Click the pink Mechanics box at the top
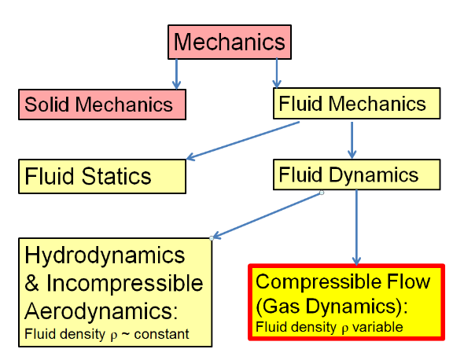coord(230,42)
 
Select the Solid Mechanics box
coord(102,105)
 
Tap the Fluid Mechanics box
coord(356,103)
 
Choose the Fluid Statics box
coord(102,176)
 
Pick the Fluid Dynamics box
coord(356,174)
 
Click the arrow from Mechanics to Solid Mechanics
coord(176,74)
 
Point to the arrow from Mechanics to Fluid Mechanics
coord(277,73)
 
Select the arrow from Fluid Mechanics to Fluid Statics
coord(243,141)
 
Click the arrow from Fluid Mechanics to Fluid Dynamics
coord(352,140)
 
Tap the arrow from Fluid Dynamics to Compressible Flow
coord(356,227)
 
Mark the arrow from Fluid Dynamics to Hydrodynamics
coord(267,215)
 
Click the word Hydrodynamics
coord(105,256)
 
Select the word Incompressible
coord(124,284)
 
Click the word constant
coord(161,334)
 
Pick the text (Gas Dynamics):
coord(332,306)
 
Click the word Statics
coord(116,176)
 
